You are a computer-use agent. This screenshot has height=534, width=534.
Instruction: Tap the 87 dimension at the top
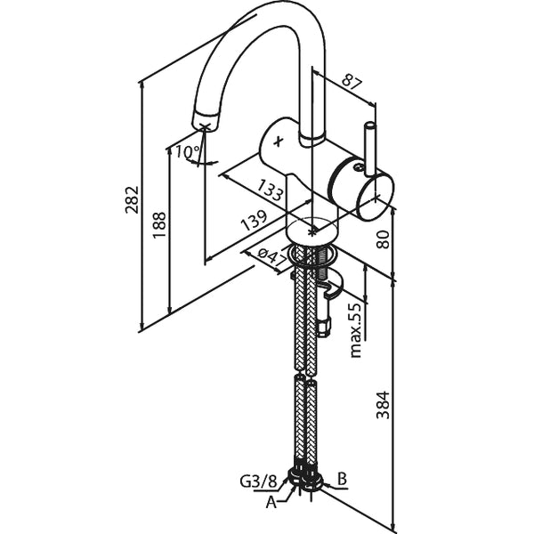(352, 84)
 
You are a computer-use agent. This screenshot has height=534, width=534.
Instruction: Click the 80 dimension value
(383, 239)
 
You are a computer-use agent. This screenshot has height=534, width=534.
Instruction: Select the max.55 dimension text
(356, 329)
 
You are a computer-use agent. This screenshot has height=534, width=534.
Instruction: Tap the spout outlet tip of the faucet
(205, 122)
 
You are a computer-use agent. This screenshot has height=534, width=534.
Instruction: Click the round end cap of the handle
(374, 196)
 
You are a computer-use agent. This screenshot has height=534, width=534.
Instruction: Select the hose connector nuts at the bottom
(304, 479)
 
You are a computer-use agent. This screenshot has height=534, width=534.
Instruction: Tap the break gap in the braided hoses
(305, 376)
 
